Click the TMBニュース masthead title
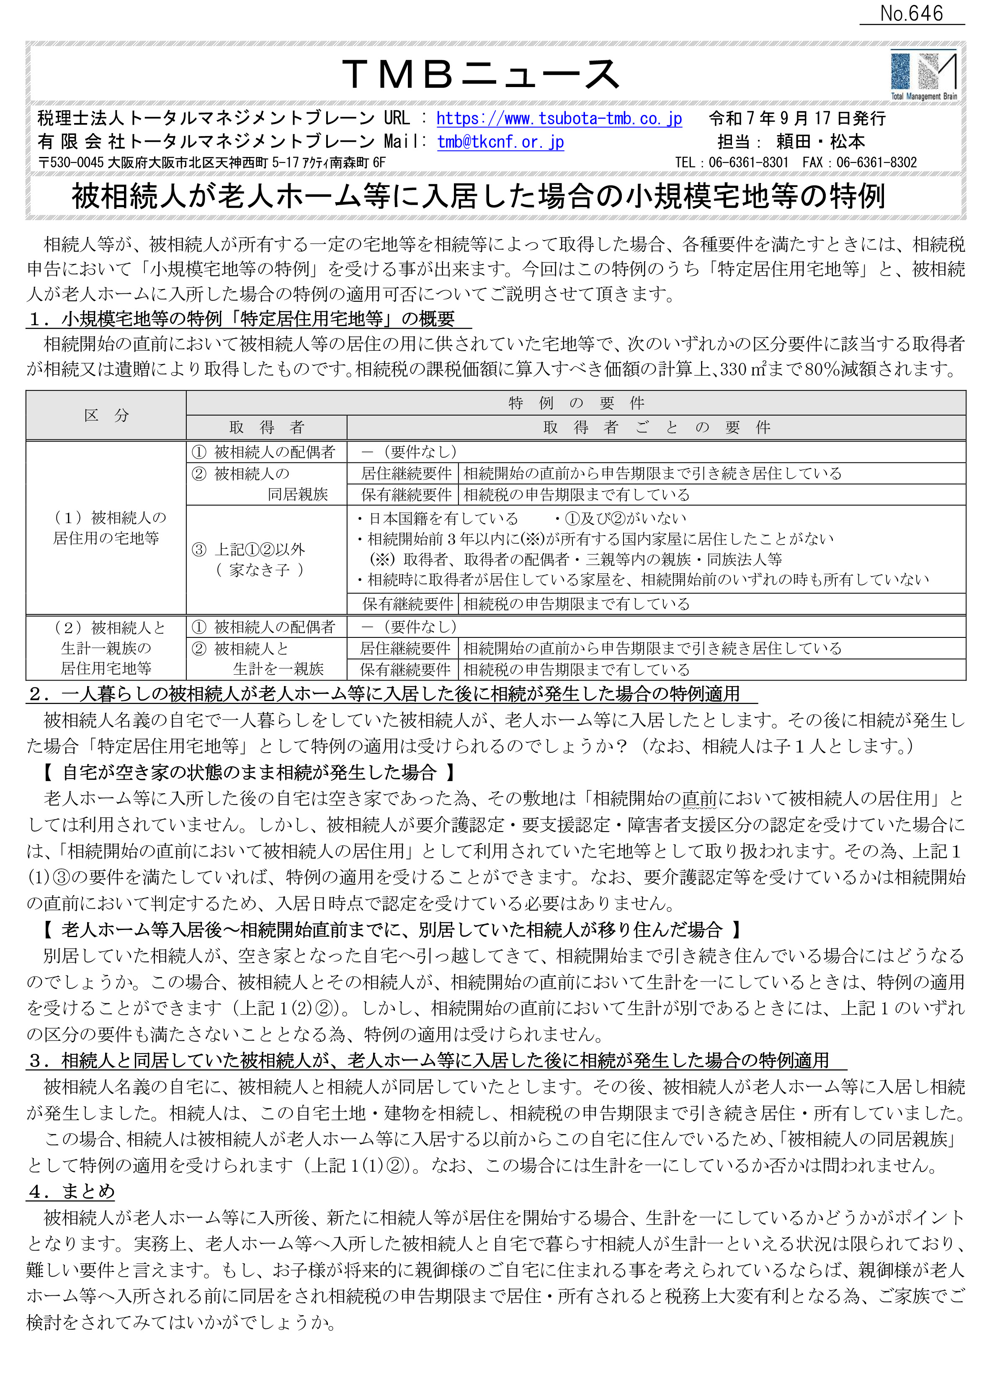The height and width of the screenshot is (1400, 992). (x=481, y=74)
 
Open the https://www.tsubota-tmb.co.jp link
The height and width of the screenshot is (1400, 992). (x=559, y=118)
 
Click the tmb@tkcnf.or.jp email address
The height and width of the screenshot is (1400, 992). (x=500, y=141)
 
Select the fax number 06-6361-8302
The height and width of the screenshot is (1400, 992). (x=876, y=162)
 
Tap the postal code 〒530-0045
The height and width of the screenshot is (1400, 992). (x=71, y=162)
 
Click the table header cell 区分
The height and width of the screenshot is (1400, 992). (x=106, y=415)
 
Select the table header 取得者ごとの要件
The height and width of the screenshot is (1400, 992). (x=656, y=427)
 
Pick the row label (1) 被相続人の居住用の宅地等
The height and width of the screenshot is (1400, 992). (x=106, y=527)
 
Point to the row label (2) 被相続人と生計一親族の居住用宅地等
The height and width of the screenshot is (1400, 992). (x=106, y=648)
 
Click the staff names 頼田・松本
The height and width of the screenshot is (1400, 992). (x=820, y=141)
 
